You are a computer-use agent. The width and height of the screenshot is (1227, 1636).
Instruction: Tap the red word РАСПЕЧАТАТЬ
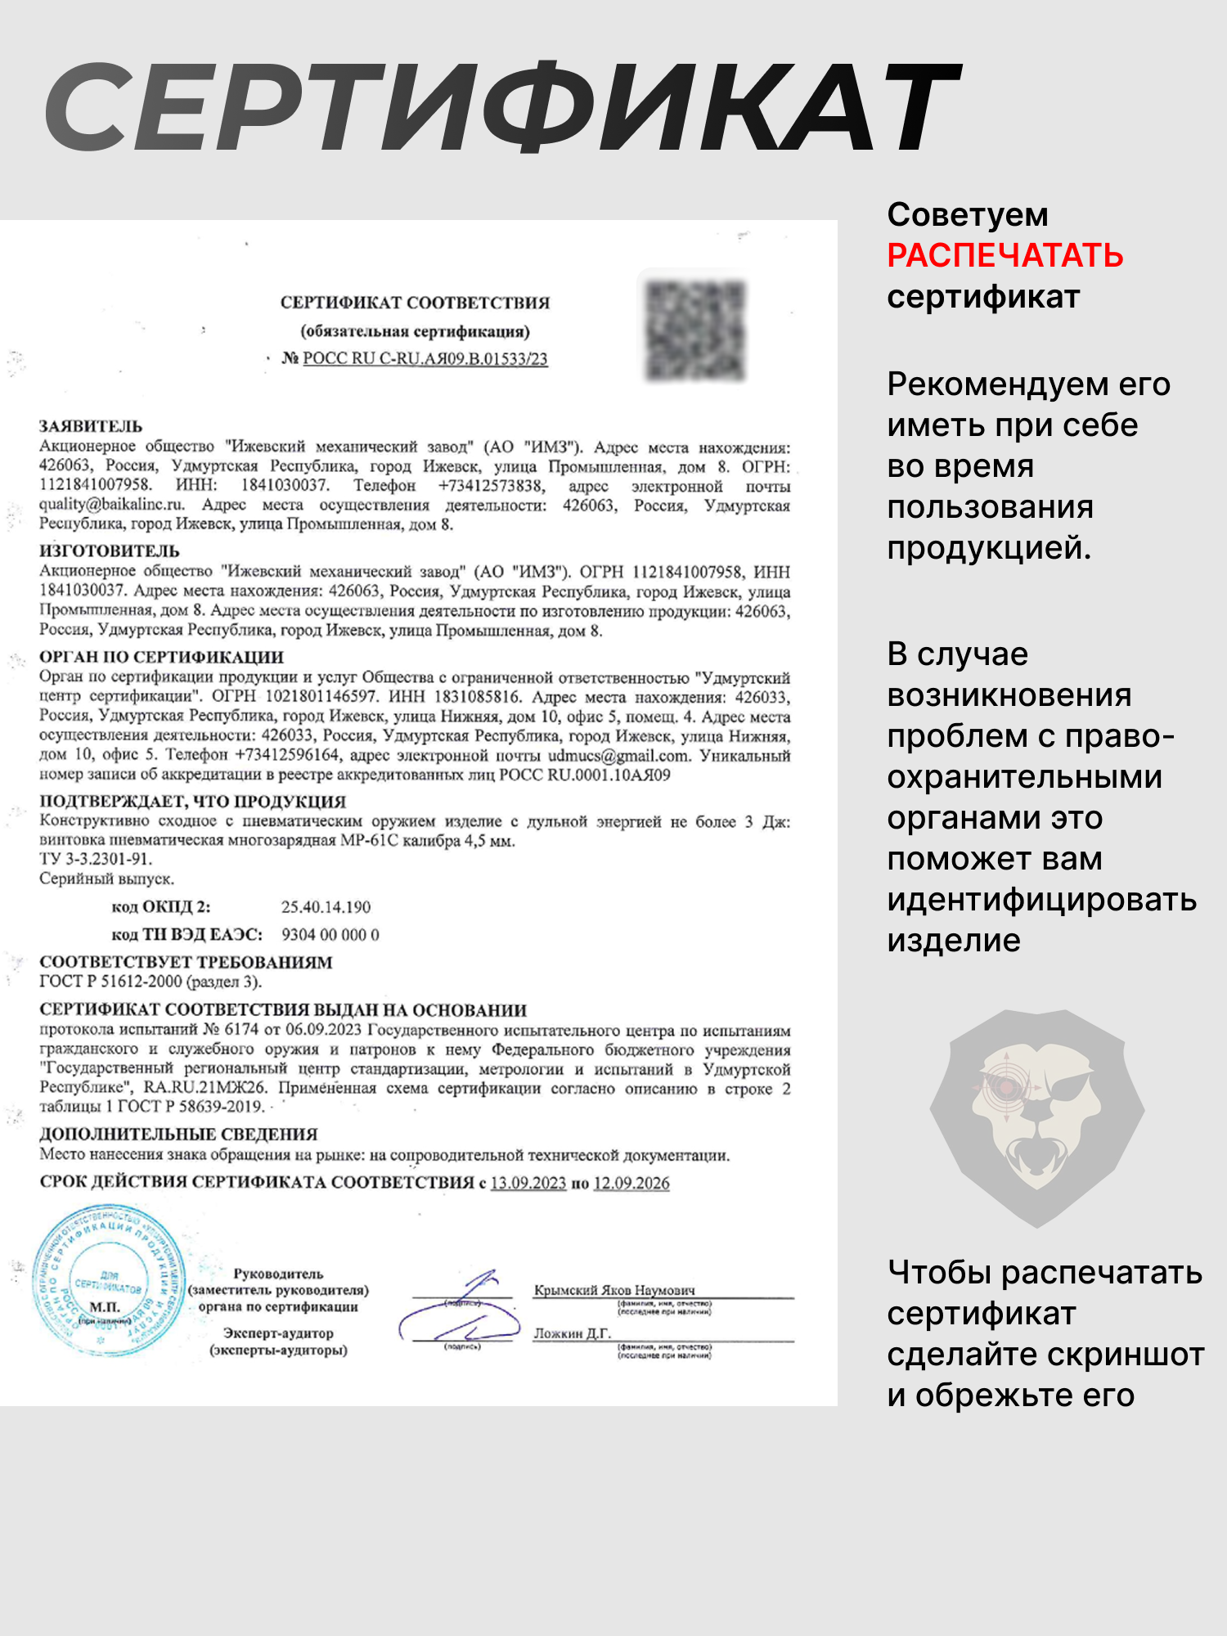[x=1005, y=256]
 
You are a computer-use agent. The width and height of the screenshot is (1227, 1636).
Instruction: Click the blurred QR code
[x=695, y=330]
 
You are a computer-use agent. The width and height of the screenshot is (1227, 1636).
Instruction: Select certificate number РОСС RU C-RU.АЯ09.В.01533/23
[x=425, y=358]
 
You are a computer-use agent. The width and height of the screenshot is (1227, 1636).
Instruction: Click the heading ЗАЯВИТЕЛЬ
[x=91, y=426]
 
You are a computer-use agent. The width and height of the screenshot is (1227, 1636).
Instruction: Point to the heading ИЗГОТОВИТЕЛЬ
[x=110, y=551]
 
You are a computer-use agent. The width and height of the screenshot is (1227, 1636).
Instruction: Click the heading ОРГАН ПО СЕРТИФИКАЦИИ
[x=162, y=657]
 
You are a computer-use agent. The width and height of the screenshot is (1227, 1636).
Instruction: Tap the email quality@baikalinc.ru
[x=112, y=505]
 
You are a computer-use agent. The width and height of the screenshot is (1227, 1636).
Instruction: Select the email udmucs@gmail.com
[x=618, y=755]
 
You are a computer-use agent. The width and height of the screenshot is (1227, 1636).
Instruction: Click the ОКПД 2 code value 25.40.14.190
[x=326, y=907]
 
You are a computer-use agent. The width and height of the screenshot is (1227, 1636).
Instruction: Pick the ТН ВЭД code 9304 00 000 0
[x=330, y=935]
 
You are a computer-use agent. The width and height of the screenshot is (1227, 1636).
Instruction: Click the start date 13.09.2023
[x=528, y=1184]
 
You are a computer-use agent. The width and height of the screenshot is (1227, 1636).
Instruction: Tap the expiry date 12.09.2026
[x=631, y=1184]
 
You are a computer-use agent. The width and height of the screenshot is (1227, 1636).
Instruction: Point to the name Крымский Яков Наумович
[x=614, y=1290]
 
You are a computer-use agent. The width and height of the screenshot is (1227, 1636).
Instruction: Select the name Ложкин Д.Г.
[x=572, y=1333]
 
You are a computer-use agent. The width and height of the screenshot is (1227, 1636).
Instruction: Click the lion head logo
[x=1036, y=1117]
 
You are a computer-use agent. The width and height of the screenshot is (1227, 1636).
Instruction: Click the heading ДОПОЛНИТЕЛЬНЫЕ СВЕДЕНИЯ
[x=178, y=1135]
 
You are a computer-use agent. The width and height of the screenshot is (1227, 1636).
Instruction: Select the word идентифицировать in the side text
[x=1041, y=900]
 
